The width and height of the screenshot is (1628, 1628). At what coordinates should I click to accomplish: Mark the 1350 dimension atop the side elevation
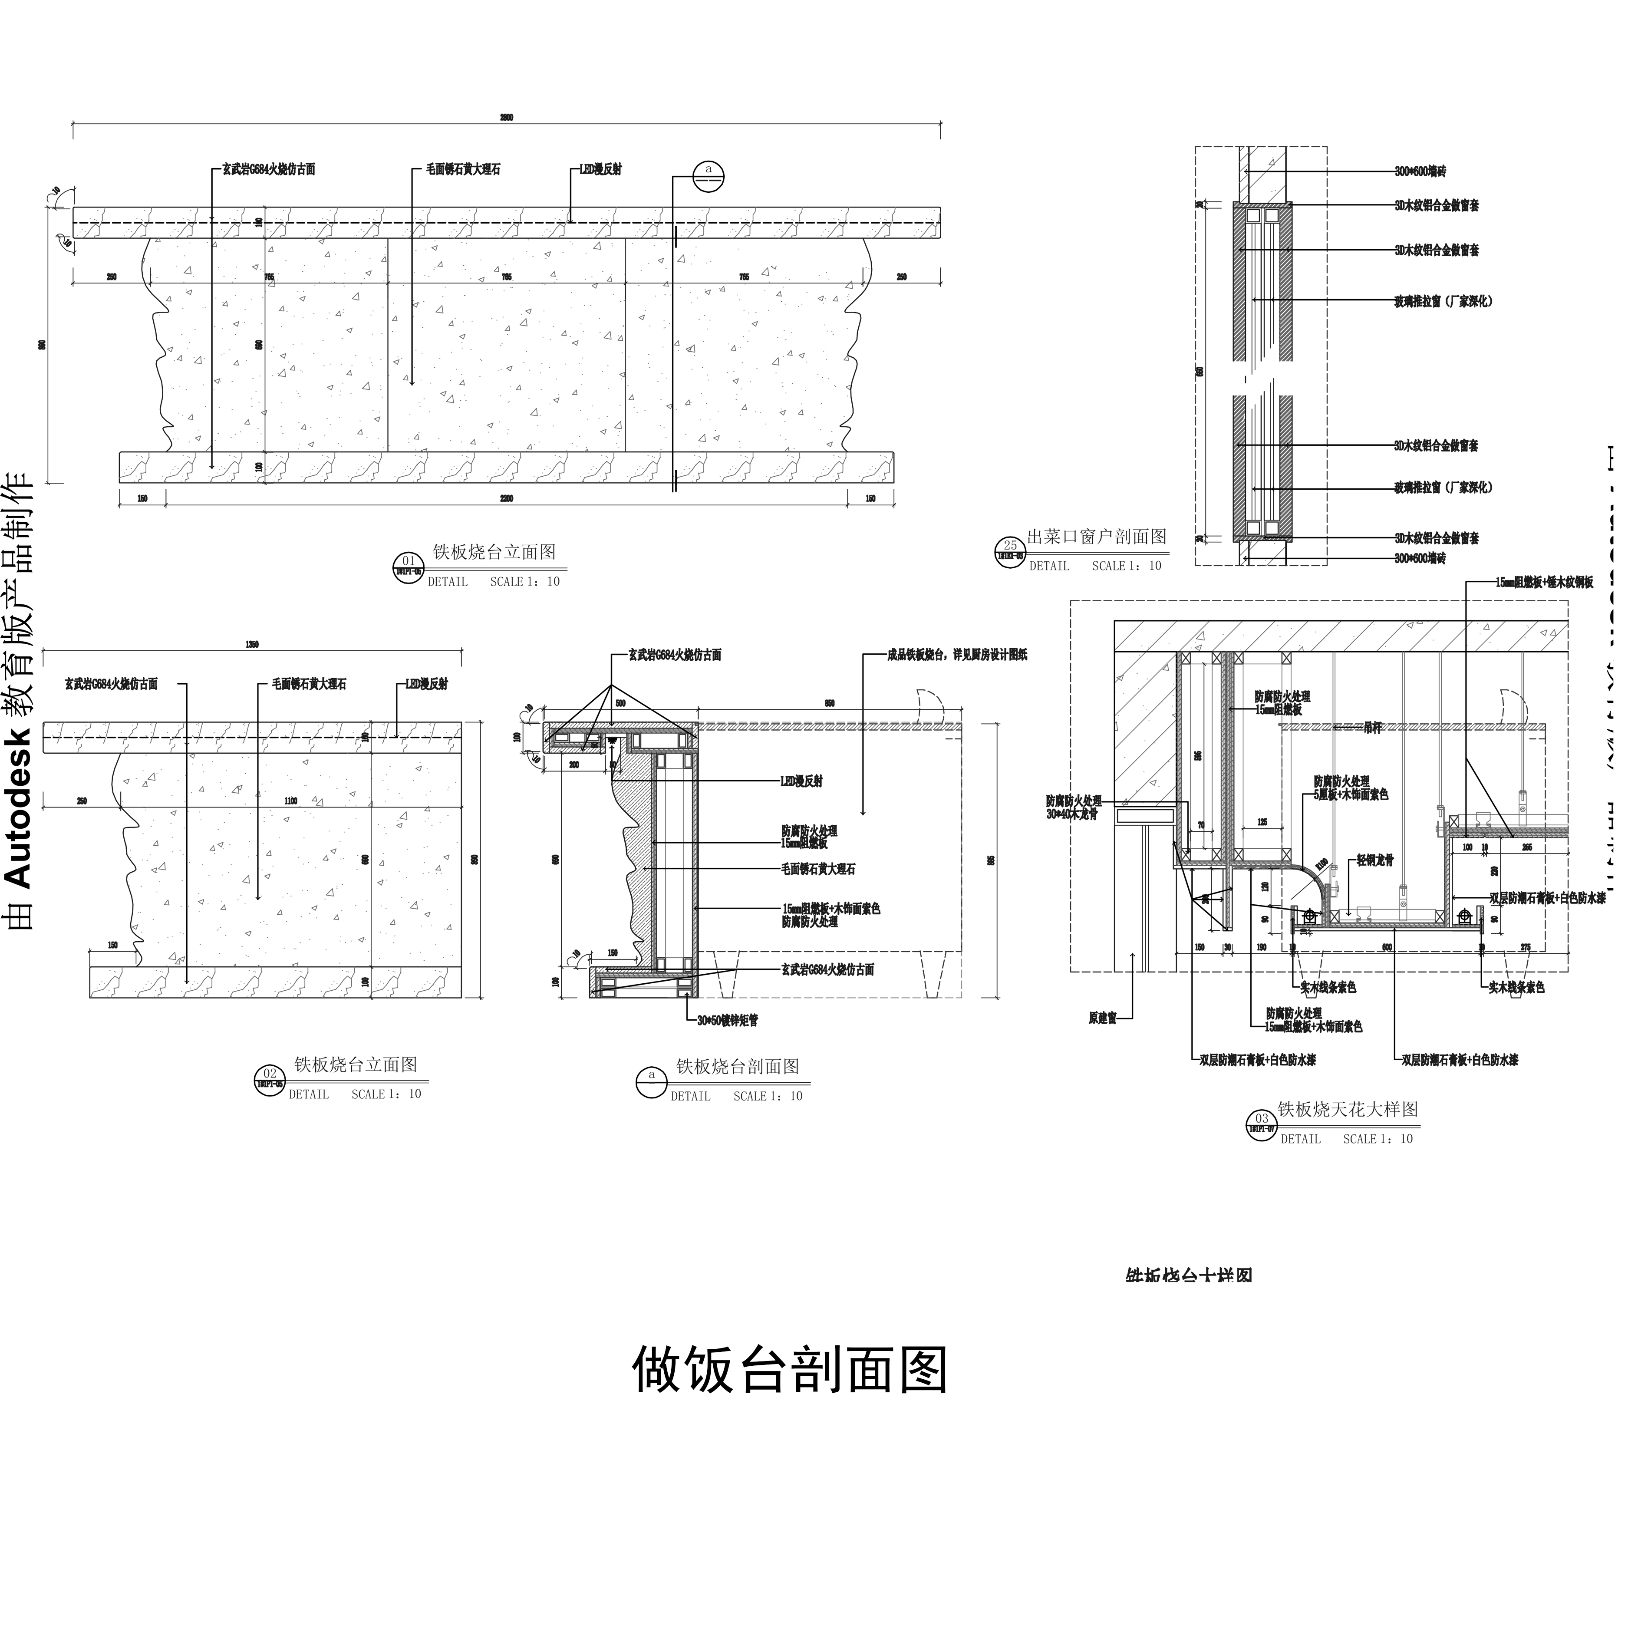pos(252,645)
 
